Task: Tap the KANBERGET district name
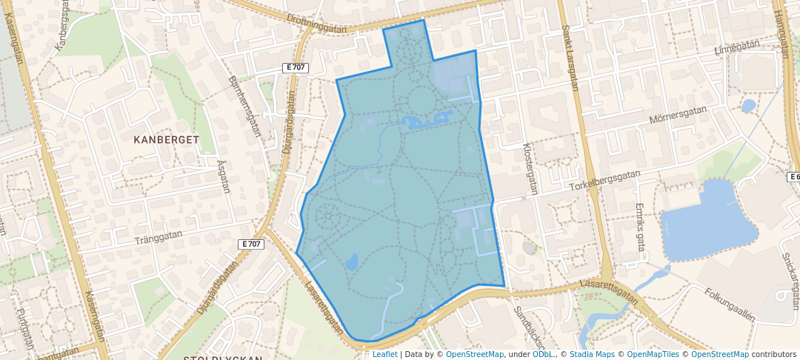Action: click(167, 139)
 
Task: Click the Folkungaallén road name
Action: click(730, 304)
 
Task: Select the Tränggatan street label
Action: click(158, 238)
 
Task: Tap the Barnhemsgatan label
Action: click(245, 107)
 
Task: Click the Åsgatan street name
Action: click(224, 177)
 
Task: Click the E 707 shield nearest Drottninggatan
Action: click(296, 67)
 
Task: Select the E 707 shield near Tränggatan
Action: click(252, 244)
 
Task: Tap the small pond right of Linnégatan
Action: click(748, 106)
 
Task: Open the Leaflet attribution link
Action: click(384, 354)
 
